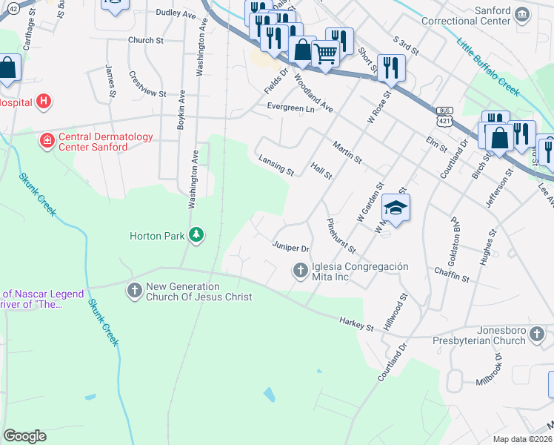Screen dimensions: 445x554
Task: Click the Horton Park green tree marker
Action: pos(196,235)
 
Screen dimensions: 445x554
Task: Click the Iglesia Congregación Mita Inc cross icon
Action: pos(301,271)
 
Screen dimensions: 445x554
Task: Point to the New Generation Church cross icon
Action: pos(134,290)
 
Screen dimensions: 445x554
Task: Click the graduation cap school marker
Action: pos(396,208)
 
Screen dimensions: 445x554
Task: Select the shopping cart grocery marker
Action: pos(325,53)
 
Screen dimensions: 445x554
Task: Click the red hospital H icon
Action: pos(44,100)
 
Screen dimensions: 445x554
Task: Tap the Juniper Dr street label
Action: pos(290,247)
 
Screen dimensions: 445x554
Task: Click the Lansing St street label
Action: pos(276,165)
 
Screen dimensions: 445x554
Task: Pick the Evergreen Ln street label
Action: pos(290,108)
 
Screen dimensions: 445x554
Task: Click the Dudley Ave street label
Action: pos(175,13)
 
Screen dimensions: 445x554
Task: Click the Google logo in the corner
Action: pos(24,436)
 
